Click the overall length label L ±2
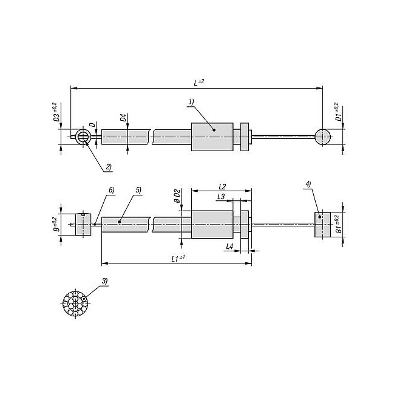[x=199, y=83]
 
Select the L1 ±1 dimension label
[x=178, y=259]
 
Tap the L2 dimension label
[x=222, y=187]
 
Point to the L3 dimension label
[x=221, y=197]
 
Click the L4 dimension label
[x=229, y=246]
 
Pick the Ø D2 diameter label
[x=177, y=196]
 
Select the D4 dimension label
[x=123, y=118]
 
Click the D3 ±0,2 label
[x=56, y=112]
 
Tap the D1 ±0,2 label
[x=338, y=112]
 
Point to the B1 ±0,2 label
[x=338, y=224]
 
